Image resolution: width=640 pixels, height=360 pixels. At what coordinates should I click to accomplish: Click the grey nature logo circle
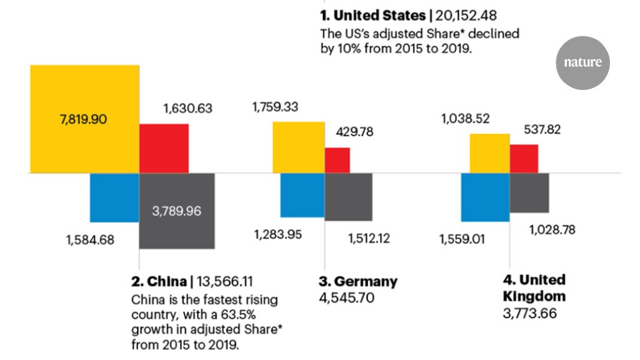tap(582, 62)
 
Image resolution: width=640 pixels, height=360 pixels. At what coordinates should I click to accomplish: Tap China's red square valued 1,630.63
tap(164, 148)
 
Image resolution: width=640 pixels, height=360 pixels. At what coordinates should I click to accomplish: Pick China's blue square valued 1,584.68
tap(114, 197)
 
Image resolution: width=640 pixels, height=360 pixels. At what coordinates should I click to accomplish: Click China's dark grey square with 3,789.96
tap(177, 211)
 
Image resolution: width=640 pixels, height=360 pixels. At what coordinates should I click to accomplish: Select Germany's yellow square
tap(298, 147)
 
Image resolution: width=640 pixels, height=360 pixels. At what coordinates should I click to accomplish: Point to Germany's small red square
tap(337, 160)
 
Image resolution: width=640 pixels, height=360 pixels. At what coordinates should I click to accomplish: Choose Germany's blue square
tap(302, 195)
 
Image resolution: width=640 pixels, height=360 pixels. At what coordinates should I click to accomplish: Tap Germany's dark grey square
tap(349, 197)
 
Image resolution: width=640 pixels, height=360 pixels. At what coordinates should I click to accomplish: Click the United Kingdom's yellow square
tap(490, 153)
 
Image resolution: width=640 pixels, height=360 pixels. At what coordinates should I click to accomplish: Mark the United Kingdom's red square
tap(524, 159)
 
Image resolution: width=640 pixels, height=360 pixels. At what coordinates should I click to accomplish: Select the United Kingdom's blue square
tap(485, 197)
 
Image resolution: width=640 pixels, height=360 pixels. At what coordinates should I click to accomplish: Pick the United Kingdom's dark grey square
tap(529, 192)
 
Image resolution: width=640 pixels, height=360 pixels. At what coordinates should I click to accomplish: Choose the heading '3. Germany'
tap(357, 281)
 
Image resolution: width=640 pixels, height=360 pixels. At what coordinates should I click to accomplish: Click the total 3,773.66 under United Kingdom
tap(530, 312)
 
